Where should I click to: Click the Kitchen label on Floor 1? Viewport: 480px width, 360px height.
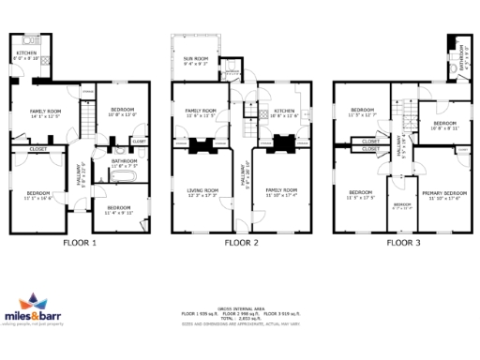pyautogui.click(x=27, y=53)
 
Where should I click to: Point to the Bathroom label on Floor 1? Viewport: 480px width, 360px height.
pyautogui.click(x=125, y=161)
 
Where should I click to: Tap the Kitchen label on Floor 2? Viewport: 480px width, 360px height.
pyautogui.click(x=283, y=111)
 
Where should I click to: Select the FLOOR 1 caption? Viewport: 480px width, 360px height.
pyautogui.click(x=81, y=243)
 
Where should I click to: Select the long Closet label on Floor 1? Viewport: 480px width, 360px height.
pyautogui.click(x=38, y=148)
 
